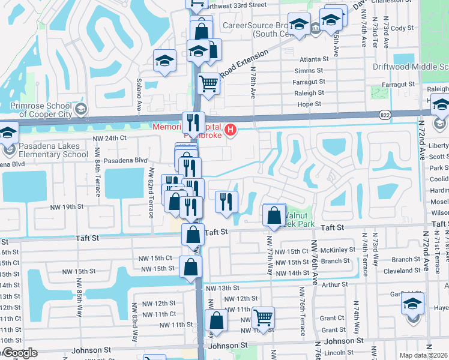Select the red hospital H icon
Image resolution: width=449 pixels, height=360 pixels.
pos(229,130)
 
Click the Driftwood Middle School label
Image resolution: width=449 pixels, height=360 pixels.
pos(411,67)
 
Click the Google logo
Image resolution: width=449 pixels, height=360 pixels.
pos(19,353)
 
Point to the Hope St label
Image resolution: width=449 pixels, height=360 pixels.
pos(310,104)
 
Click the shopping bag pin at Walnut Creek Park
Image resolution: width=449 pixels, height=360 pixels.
pos(274,215)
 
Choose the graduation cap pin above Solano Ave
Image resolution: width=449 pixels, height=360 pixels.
pos(164,61)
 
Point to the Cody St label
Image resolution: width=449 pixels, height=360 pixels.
pos(402,28)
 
